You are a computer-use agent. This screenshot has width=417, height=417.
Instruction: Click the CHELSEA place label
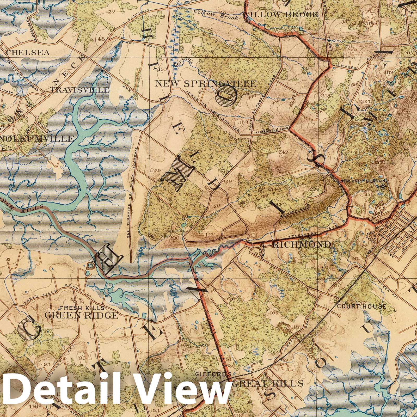[x=28, y=52]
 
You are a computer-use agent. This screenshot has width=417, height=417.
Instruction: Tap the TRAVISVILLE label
[x=80, y=90]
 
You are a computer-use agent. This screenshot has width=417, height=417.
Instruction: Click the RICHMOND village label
[x=302, y=244]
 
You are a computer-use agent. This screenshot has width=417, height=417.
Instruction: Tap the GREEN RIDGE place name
[x=81, y=315]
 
